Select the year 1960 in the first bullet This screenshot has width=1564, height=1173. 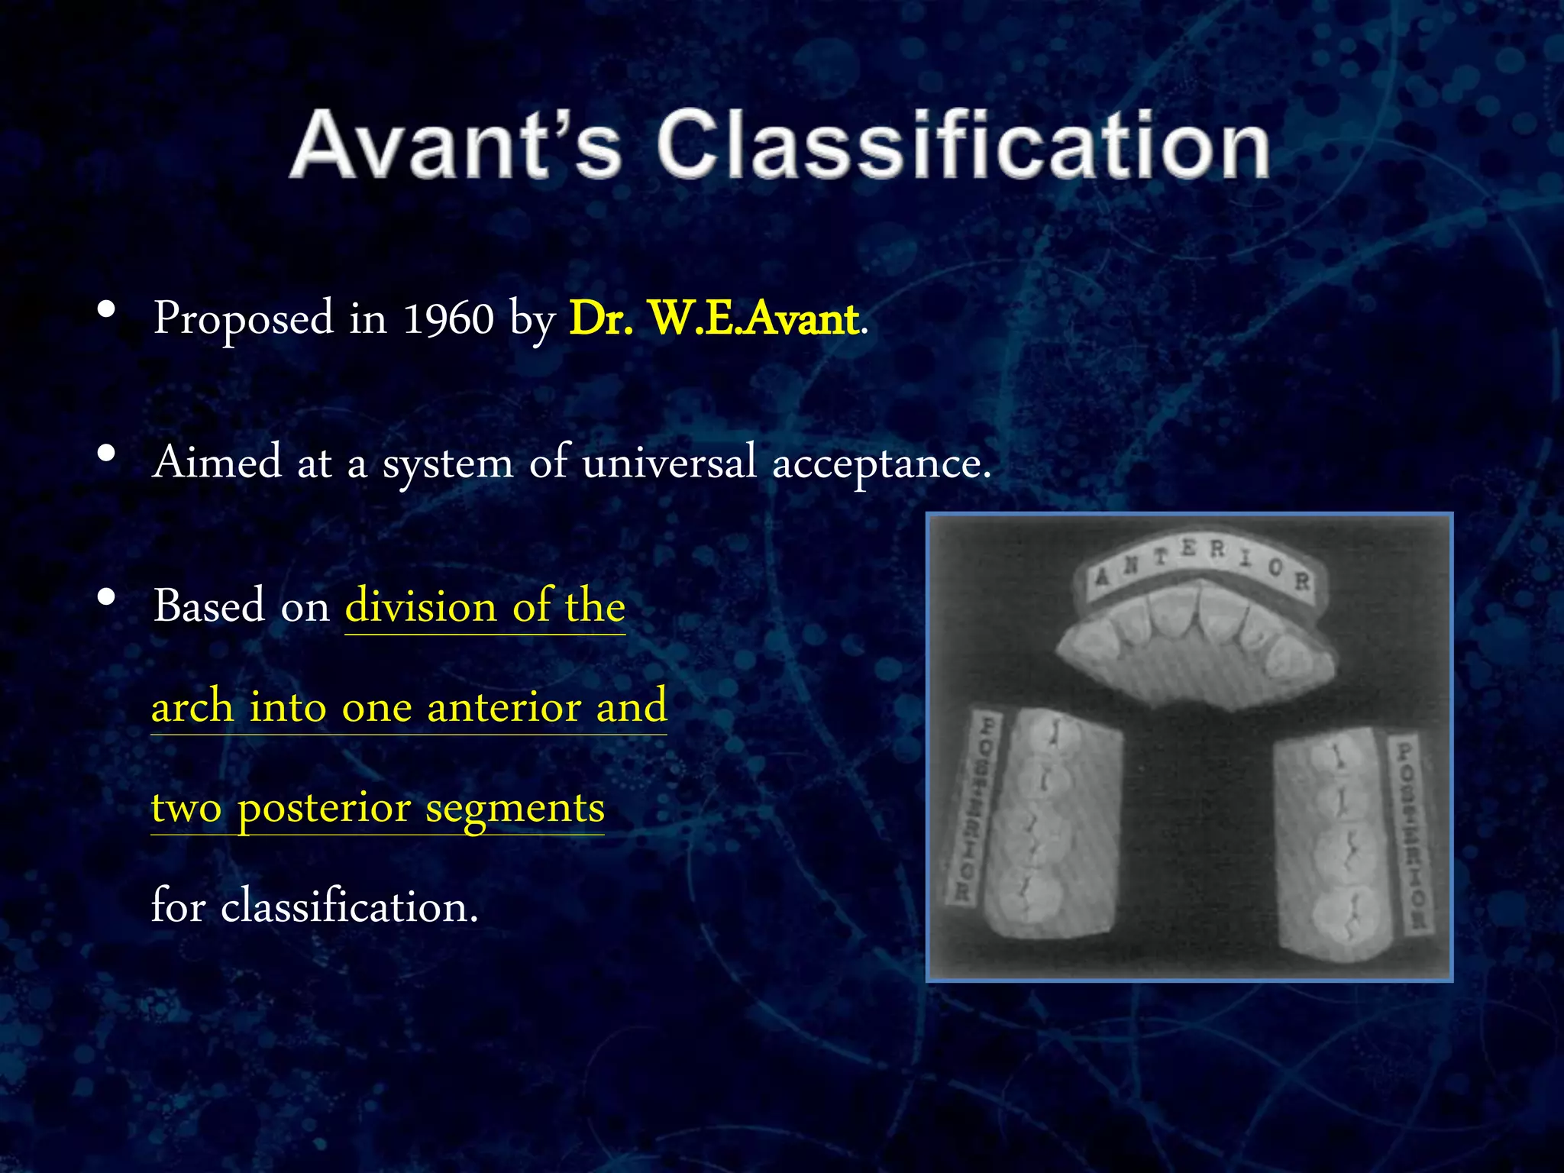click(x=448, y=318)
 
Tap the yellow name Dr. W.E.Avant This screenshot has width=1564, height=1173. click(x=715, y=318)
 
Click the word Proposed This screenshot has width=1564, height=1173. click(x=244, y=318)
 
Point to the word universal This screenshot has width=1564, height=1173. click(x=669, y=463)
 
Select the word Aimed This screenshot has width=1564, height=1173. click(x=218, y=463)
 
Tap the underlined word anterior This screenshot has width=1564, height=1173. click(x=504, y=706)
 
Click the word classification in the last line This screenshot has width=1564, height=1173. click(x=349, y=907)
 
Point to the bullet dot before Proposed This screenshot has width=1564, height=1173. click(x=107, y=310)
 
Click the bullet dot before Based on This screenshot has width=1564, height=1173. click(x=107, y=598)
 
